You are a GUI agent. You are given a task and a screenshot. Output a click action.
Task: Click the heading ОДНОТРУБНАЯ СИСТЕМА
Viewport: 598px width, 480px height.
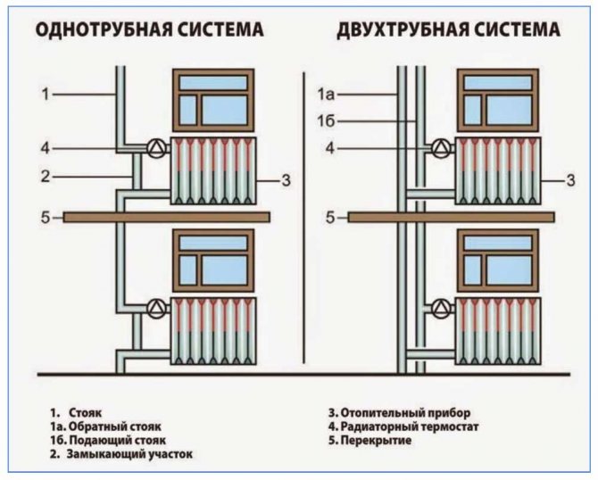149,30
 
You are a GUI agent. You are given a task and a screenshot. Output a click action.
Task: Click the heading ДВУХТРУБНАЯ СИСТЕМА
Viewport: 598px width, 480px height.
448,30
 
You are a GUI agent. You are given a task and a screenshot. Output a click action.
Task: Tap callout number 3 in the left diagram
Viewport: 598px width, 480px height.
286,181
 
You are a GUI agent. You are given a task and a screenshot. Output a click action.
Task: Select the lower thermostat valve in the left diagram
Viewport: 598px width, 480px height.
157,310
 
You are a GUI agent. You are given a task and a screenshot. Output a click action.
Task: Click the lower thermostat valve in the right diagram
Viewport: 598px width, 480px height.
440,310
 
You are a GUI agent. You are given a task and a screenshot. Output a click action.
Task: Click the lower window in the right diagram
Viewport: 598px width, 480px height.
497,260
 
